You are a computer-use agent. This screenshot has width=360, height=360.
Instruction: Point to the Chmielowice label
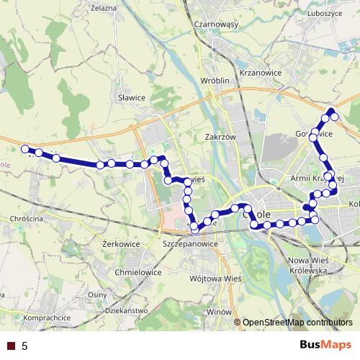138,273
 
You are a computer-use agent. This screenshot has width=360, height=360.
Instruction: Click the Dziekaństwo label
125,310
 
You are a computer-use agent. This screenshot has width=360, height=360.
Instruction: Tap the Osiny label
97,294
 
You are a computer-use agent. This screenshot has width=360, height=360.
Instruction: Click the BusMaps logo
326,346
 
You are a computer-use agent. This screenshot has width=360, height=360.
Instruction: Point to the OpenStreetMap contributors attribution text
297,322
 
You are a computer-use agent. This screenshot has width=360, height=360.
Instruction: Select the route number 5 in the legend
25,346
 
